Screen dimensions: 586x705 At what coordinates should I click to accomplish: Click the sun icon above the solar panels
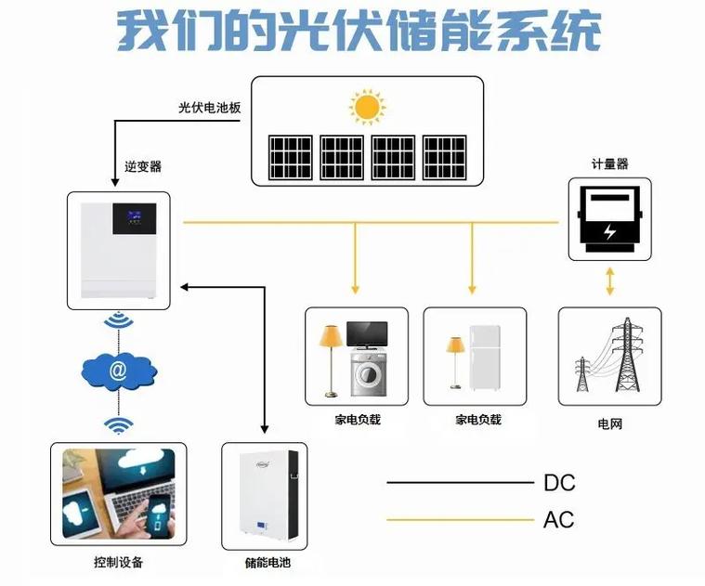point(367,107)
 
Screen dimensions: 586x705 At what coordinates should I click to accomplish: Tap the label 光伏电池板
point(210,108)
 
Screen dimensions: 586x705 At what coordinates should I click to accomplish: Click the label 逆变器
point(143,166)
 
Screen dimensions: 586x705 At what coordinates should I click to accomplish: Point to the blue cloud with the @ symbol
point(117,372)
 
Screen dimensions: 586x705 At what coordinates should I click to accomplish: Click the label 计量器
point(609,163)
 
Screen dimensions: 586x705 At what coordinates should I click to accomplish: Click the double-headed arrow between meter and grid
point(609,281)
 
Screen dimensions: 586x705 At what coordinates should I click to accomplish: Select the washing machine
point(368,374)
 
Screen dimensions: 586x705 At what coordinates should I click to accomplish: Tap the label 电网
point(609,423)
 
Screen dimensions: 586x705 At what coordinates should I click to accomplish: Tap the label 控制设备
point(118,563)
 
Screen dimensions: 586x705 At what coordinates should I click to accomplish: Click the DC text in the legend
point(559,483)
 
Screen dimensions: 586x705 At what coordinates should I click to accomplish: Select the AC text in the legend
point(559,520)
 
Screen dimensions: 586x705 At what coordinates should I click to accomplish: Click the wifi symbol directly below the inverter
point(117,321)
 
